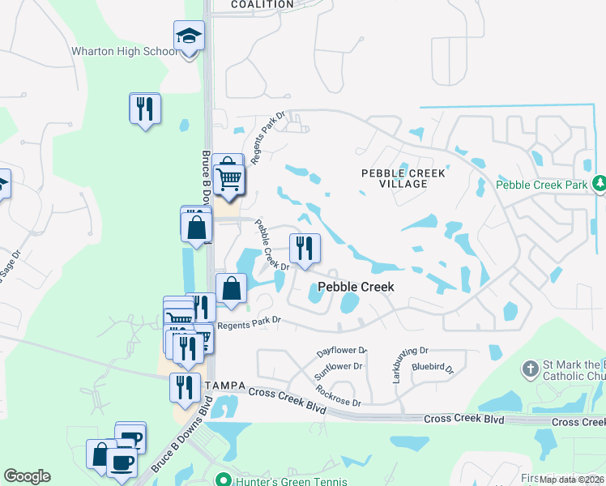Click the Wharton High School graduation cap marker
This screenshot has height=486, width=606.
(189, 36)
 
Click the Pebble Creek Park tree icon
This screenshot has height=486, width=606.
(599, 185)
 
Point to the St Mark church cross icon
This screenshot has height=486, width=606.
(531, 369)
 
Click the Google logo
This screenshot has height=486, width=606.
(27, 476)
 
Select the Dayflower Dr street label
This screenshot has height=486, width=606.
(342, 352)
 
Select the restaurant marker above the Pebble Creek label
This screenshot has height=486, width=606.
(305, 248)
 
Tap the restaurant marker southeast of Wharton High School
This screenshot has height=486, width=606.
(145, 108)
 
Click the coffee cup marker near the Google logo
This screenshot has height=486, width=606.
(122, 463)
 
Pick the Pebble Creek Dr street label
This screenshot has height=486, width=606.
(272, 245)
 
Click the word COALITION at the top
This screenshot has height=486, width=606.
(262, 4)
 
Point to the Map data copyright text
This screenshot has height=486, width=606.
(572, 480)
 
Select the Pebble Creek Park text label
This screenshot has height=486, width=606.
(541, 185)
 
